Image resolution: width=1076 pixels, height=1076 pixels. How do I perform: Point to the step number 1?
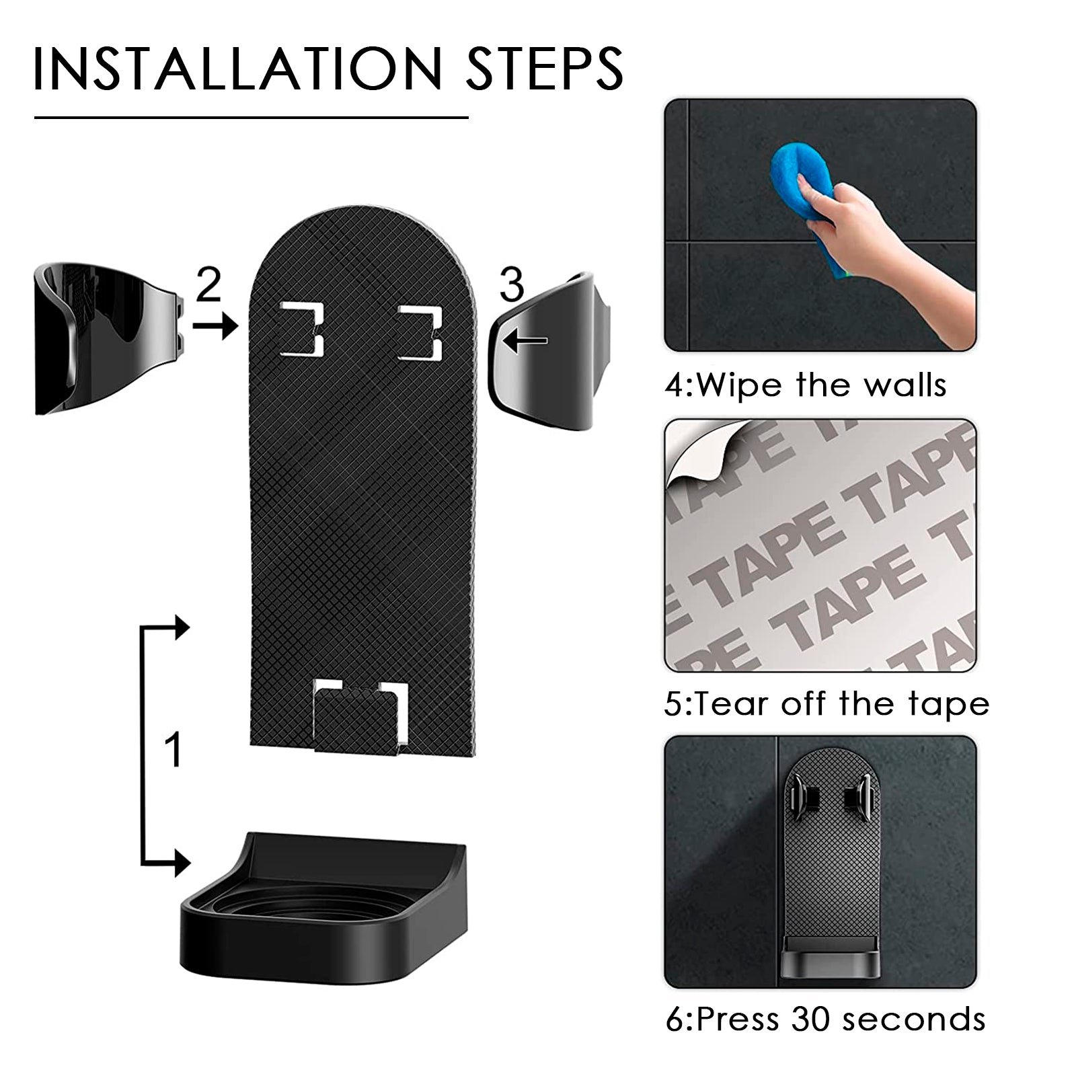[x=174, y=750]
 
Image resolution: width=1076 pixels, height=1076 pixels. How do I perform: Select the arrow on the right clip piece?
[x=526, y=341]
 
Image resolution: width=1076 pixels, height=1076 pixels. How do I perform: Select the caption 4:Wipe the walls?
[x=806, y=385]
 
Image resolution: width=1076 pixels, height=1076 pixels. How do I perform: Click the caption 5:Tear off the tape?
[x=827, y=704]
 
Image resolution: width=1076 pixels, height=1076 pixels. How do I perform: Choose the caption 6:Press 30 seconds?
[x=825, y=1019]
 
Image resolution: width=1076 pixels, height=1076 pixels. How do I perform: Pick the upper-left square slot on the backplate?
[x=302, y=330]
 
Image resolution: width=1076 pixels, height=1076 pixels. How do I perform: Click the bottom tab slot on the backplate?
[x=361, y=714]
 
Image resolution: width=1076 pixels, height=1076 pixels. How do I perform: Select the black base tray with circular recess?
[x=323, y=898]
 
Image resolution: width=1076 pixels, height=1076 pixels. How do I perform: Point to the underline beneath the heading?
[x=251, y=118]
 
